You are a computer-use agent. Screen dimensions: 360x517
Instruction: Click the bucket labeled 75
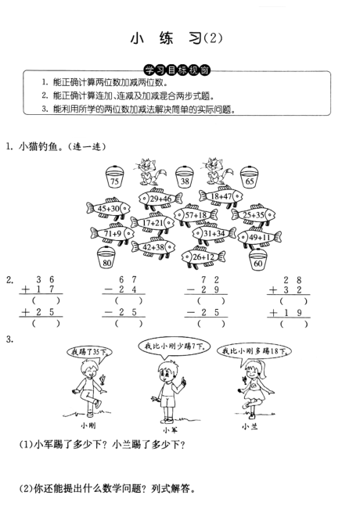(x=114, y=177)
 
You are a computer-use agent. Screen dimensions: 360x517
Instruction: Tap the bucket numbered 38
(x=185, y=177)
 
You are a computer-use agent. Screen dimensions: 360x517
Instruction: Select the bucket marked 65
(x=250, y=177)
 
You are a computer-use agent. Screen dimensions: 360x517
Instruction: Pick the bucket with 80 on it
(x=106, y=258)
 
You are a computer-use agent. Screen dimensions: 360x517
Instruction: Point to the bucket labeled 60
(x=258, y=259)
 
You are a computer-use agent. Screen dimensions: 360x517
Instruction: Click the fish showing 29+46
(x=160, y=199)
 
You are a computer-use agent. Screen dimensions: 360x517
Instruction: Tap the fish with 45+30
(x=109, y=208)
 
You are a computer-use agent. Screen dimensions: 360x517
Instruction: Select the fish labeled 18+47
(x=221, y=196)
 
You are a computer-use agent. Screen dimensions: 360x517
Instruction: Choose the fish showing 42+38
(x=153, y=247)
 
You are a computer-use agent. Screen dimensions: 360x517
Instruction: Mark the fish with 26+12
(x=203, y=257)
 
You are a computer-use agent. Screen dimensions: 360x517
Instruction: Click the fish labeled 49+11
(x=260, y=237)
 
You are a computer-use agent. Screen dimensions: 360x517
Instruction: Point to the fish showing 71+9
(x=113, y=233)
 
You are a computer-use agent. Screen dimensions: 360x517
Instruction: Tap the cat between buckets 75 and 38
(x=149, y=172)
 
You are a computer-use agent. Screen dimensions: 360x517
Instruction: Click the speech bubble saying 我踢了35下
(x=89, y=352)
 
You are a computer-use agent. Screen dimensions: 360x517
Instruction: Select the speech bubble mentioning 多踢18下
(x=254, y=351)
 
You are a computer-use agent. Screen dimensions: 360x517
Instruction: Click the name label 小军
(x=171, y=430)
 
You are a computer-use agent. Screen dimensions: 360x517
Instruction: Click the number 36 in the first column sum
(x=45, y=279)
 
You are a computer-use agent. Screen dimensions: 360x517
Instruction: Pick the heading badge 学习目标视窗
(x=177, y=70)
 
